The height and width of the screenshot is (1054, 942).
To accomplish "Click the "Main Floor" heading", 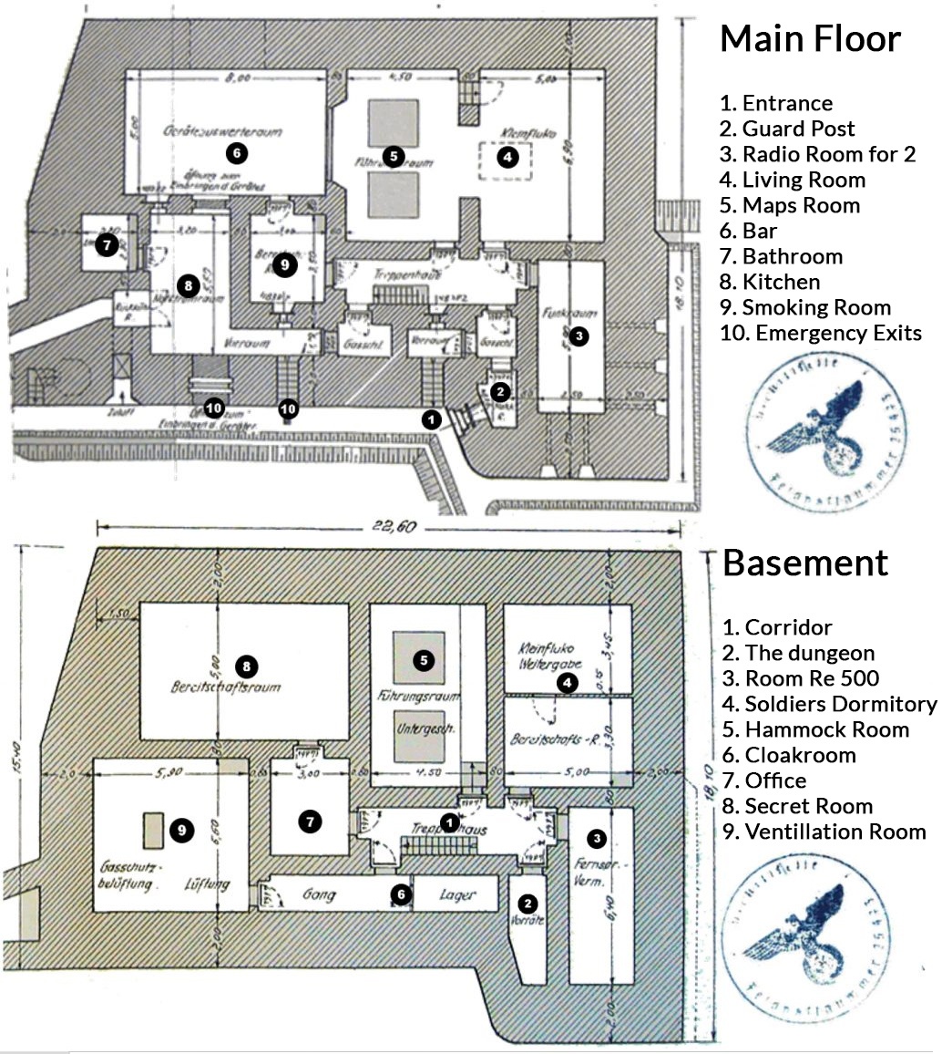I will point(810,39).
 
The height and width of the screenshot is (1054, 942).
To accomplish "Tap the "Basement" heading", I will point(804,563).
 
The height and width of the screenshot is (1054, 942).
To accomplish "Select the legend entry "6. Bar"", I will point(759,231).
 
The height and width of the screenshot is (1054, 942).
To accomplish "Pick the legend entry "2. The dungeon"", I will point(798,653).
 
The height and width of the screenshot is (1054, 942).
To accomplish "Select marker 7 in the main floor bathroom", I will point(107,244).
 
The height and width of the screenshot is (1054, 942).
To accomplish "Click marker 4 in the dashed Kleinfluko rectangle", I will point(507,157).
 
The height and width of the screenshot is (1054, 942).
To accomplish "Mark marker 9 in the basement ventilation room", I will point(182,830).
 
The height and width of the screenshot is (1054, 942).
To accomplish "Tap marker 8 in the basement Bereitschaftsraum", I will point(243,665).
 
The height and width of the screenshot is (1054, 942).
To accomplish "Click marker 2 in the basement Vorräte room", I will point(526,903).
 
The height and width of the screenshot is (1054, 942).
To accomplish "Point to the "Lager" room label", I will point(456,895).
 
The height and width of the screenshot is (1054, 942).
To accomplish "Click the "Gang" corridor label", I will point(320,895).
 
